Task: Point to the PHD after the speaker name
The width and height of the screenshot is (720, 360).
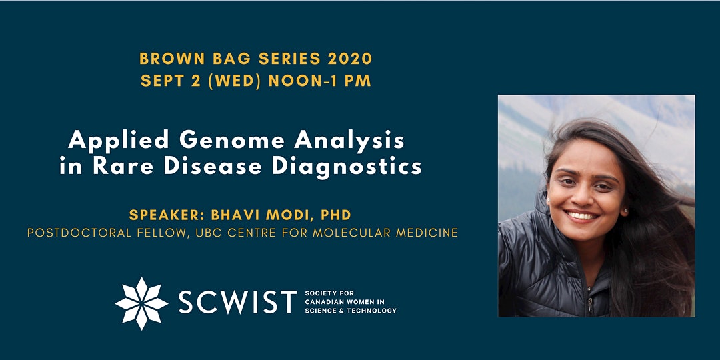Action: tap(335, 215)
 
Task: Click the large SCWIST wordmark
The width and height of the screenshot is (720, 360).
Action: tap(237, 302)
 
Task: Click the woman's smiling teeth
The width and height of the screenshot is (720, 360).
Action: tap(581, 215)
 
